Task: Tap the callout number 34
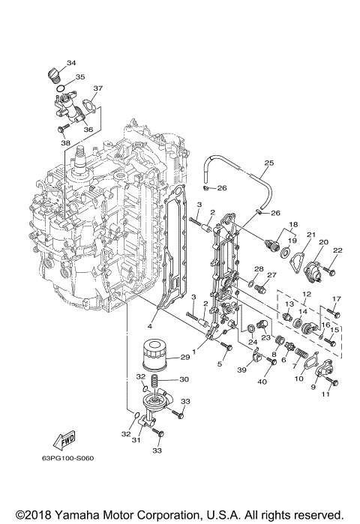70,62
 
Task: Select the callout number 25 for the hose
269,163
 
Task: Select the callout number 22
337,250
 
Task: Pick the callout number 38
65,142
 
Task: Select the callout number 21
310,235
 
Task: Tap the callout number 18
293,224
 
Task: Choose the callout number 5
220,364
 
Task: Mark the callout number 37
97,89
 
